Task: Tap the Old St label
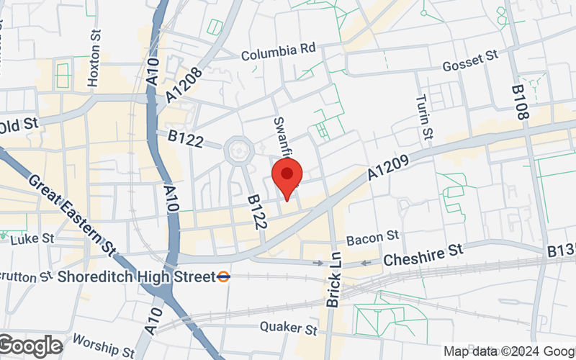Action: click(x=18, y=125)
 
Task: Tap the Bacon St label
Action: click(x=372, y=236)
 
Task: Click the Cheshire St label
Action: click(x=423, y=253)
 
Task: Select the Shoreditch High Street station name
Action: click(x=136, y=276)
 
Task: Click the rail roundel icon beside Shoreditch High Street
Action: click(x=225, y=276)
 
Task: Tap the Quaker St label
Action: click(x=290, y=330)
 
